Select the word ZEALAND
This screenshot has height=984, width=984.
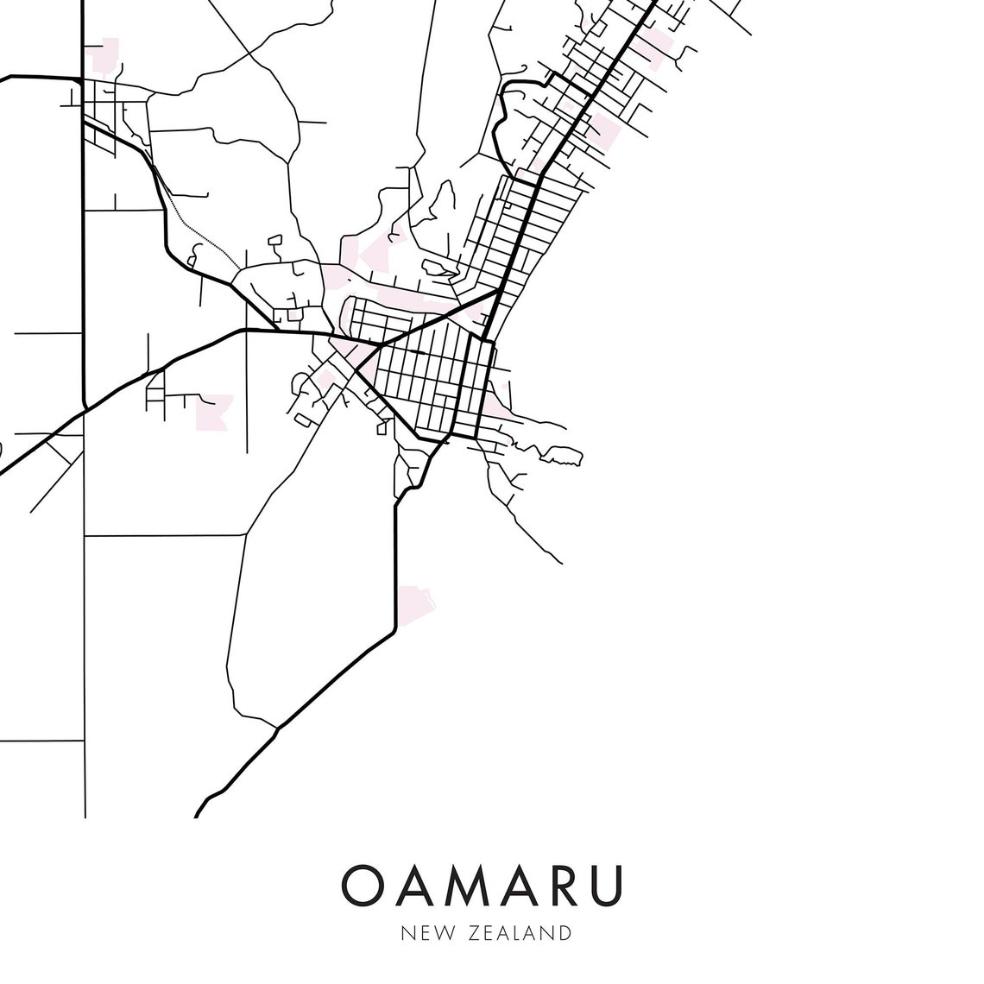tap(521, 933)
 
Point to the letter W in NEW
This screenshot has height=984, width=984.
tap(438, 933)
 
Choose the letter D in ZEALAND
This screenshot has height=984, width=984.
tap(565, 933)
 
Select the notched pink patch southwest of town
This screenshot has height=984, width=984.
tap(213, 411)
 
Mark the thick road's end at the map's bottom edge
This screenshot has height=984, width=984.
tap(199, 813)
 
